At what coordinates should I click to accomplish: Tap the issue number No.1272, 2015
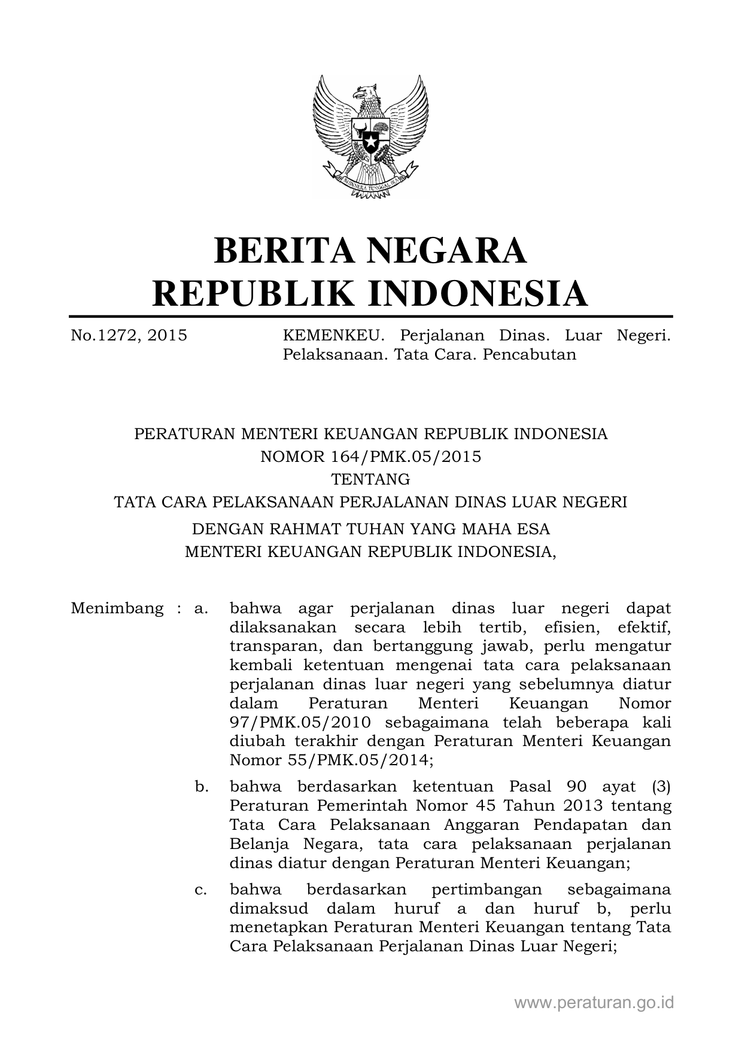(x=129, y=336)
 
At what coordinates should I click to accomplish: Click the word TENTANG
(x=370, y=479)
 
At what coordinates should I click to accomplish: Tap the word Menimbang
(x=117, y=609)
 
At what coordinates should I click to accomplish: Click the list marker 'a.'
(x=201, y=609)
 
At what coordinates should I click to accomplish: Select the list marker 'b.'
(x=202, y=787)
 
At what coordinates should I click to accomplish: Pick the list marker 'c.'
(x=201, y=890)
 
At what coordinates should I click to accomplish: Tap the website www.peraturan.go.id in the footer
(x=594, y=1003)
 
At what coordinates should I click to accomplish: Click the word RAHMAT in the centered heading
(x=311, y=529)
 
